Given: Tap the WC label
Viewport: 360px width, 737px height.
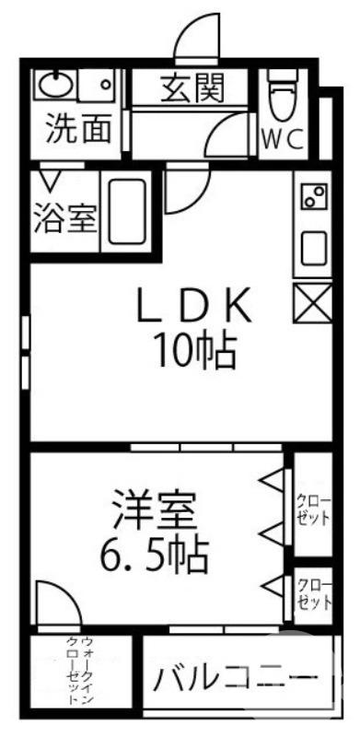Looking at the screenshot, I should [283, 139].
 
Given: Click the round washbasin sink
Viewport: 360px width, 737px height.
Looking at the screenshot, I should [55, 87].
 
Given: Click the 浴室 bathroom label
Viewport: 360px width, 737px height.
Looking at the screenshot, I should [64, 218].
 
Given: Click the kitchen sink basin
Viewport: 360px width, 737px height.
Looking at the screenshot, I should [313, 248].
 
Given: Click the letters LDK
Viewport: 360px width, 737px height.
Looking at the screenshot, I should [194, 307].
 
